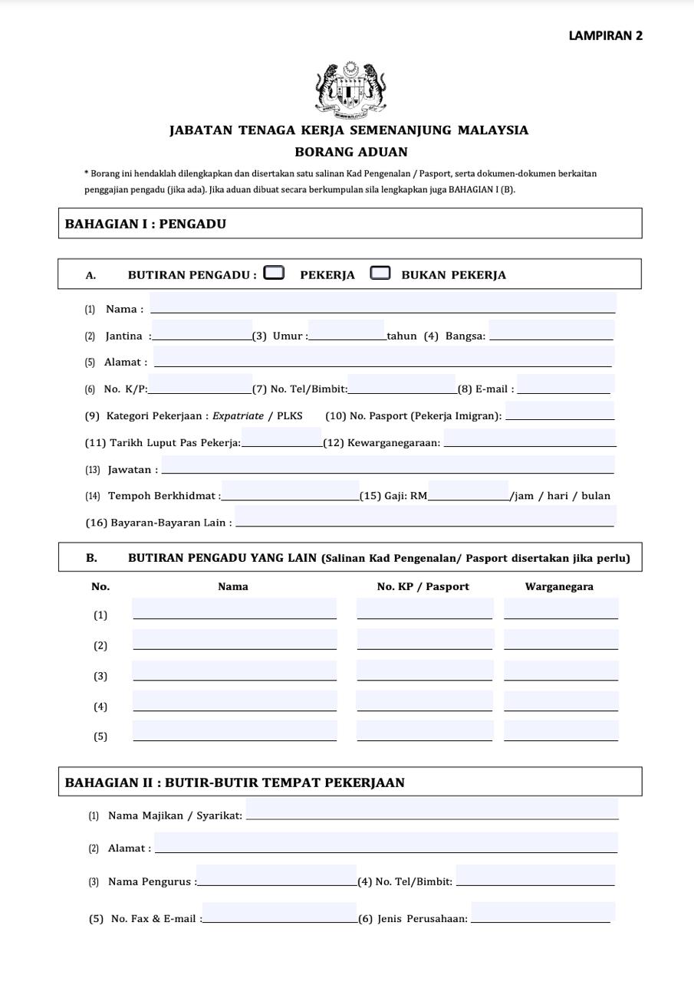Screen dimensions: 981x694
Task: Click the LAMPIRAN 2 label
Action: coord(605,35)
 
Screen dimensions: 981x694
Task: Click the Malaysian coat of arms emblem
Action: coord(350,90)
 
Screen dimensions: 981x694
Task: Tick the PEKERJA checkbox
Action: coord(274,273)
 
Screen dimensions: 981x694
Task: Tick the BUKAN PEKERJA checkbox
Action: coord(380,273)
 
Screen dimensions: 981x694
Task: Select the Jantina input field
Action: coord(202,331)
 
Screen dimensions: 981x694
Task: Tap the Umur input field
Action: coord(347,331)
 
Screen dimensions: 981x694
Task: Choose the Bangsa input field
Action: coord(551,331)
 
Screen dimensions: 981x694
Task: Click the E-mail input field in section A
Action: coord(566,385)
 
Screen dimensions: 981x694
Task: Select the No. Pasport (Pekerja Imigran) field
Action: coord(560,412)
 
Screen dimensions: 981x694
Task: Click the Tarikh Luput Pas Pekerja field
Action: coord(281,438)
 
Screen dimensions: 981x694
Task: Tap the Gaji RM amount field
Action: coord(469,491)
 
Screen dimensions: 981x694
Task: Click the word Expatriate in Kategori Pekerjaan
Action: coord(238,416)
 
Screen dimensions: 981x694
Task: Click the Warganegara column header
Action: coord(559,587)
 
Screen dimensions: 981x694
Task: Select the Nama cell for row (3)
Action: coord(235,671)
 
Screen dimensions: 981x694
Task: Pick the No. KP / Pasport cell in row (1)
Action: coord(425,609)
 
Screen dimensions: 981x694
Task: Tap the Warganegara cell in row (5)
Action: coord(561,731)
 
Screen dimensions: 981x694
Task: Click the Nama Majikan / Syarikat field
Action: coord(432,809)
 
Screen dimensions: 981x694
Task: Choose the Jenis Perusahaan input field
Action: coord(542,912)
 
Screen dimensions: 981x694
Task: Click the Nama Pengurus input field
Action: coord(276,876)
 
